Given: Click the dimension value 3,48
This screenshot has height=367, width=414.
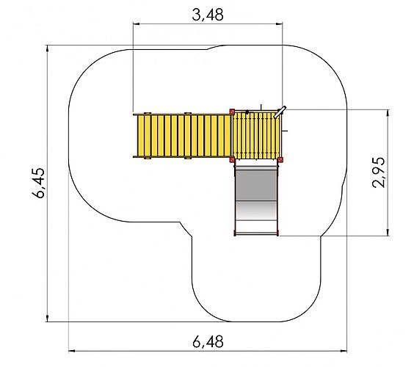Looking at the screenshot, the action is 208,15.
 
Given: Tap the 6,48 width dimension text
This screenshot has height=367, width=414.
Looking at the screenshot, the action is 208,342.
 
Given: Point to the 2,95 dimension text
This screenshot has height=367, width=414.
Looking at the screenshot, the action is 379,172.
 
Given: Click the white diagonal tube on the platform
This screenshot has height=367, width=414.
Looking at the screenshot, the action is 280,112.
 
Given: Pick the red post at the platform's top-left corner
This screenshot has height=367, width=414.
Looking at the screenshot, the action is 232,112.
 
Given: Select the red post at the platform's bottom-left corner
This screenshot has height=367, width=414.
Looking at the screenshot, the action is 232,159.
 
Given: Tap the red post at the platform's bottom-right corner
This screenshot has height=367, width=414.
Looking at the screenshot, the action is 280,159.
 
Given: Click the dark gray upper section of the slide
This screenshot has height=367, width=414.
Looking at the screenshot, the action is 256,185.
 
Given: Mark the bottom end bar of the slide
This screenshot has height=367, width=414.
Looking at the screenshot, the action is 256,234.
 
